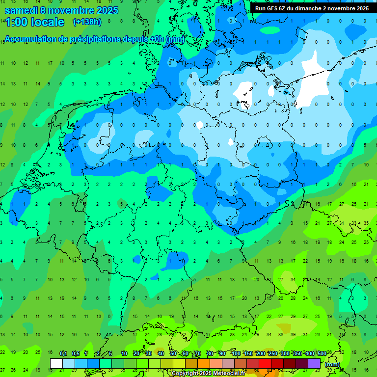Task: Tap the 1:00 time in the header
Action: [16, 22]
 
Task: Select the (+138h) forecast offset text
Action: [87, 22]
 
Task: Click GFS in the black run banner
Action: [273, 8]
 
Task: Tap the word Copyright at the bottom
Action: [185, 374]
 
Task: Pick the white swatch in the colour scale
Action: [56, 363]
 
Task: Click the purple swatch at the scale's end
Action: [314, 363]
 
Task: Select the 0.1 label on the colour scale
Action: [63, 354]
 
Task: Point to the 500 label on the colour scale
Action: [322, 354]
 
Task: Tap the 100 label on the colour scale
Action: [236, 354]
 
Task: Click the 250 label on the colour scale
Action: [272, 354]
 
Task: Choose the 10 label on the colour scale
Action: [124, 354]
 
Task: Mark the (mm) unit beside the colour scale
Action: [332, 364]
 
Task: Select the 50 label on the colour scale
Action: [173, 354]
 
